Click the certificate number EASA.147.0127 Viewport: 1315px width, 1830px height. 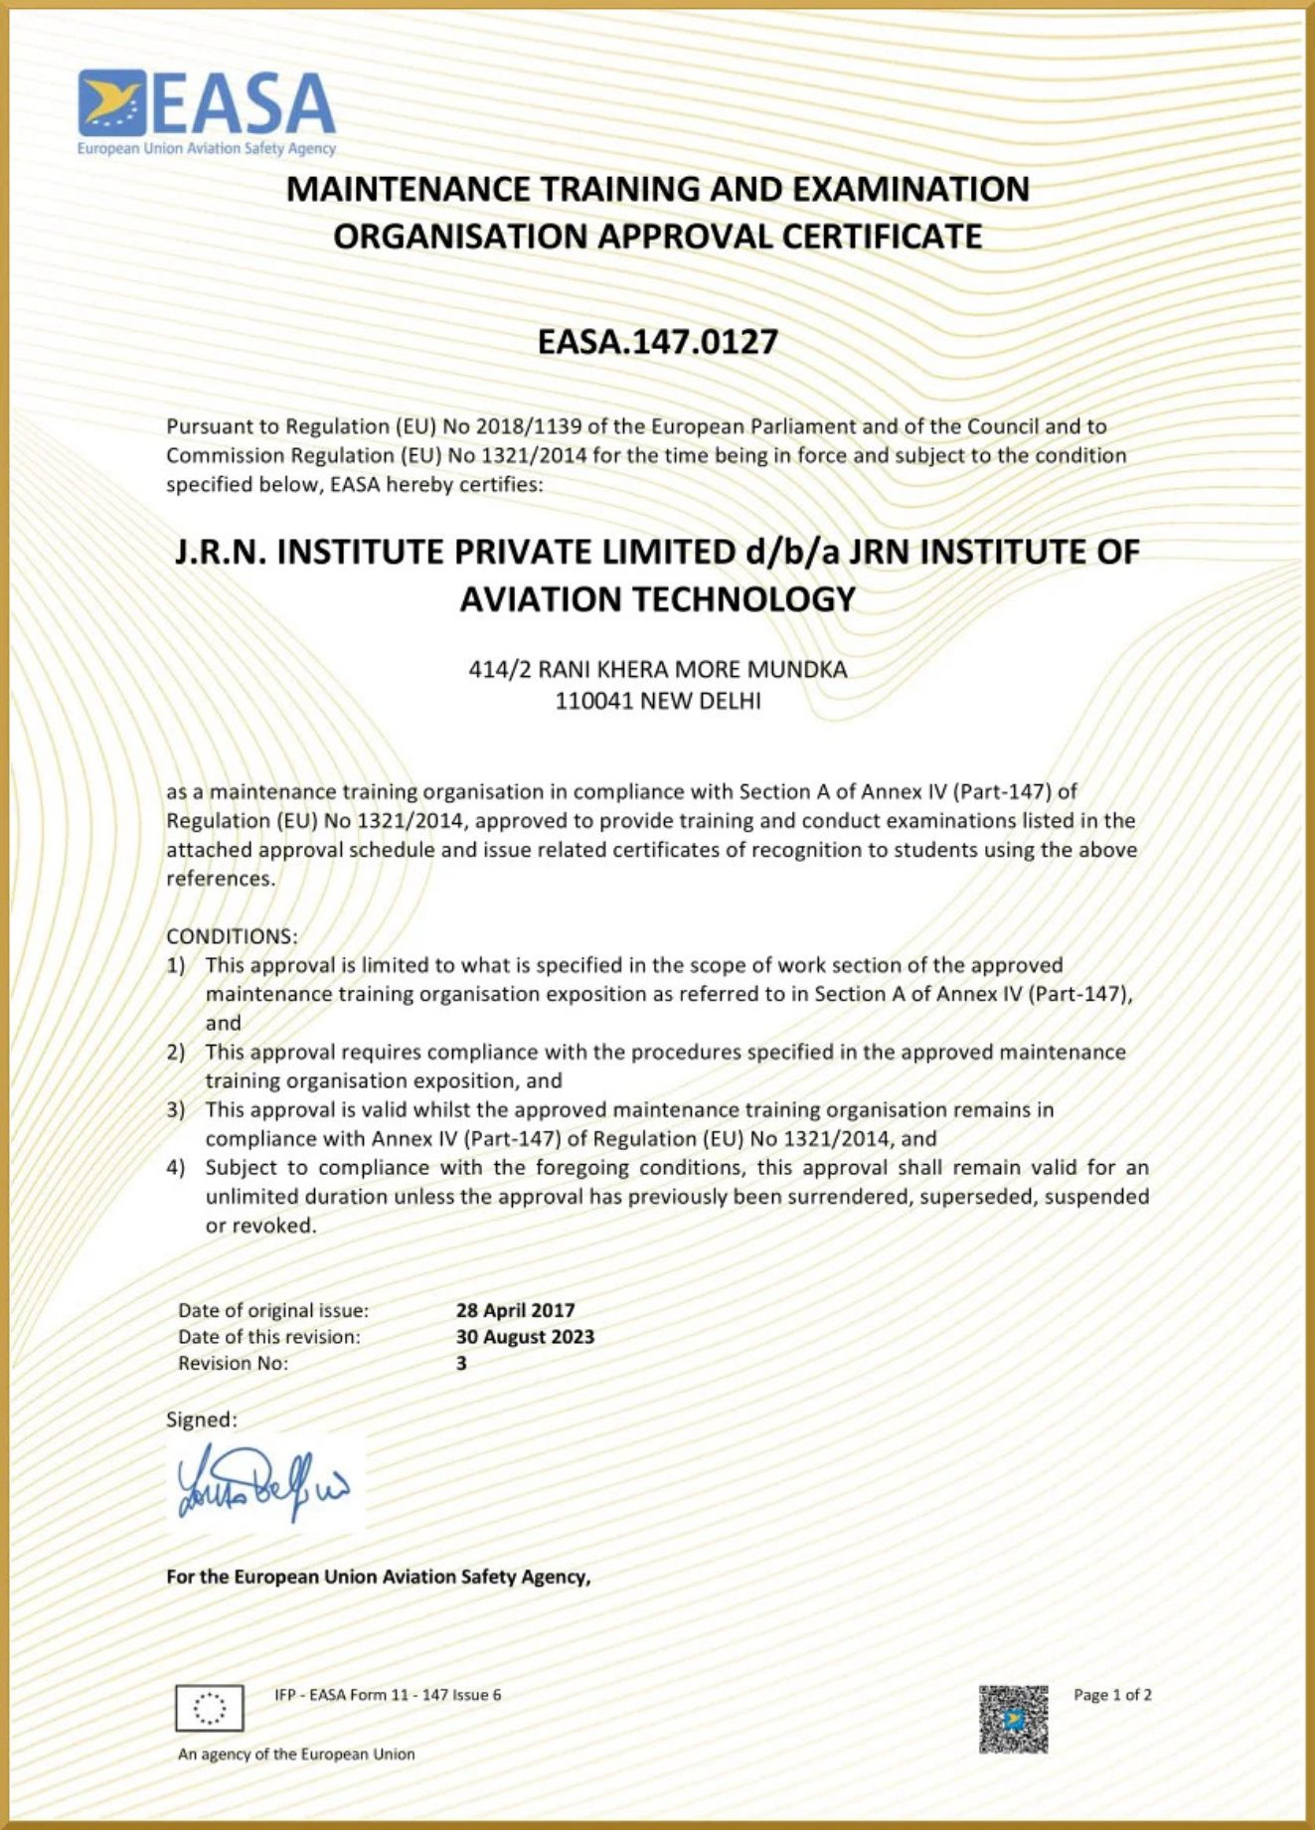[657, 342]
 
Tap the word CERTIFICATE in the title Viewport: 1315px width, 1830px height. [882, 237]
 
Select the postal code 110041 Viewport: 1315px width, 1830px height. [593, 701]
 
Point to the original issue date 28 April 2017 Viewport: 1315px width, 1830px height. [515, 1310]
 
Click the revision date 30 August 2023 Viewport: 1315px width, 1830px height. [525, 1337]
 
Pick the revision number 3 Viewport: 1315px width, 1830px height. [461, 1363]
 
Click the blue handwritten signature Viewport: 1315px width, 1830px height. [263, 1485]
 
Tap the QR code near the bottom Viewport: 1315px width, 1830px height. [1013, 1719]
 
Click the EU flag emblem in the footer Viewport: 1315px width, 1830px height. [209, 1709]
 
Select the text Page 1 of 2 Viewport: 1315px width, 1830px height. [1112, 1695]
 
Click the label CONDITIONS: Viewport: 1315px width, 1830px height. [232, 936]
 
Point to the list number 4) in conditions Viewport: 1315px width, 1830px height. [176, 1168]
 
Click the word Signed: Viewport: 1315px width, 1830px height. [202, 1419]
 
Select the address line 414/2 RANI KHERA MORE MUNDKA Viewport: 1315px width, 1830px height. [657, 669]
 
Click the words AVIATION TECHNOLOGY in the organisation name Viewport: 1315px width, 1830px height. [657, 599]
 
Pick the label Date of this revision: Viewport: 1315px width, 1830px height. [269, 1337]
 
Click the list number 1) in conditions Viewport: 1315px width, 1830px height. [176, 965]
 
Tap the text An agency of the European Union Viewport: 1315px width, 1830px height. [296, 1754]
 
